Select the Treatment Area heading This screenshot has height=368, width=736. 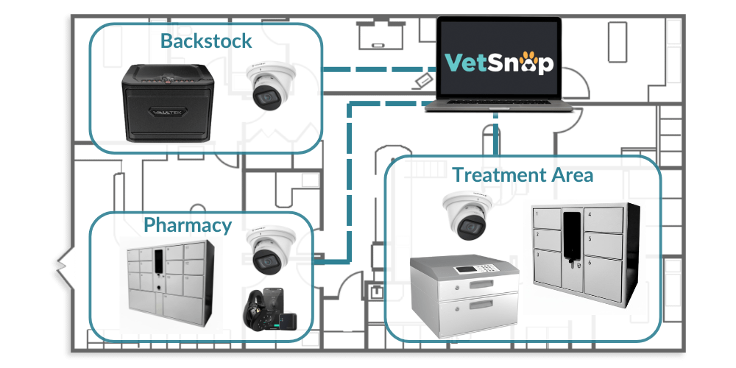[x=523, y=175]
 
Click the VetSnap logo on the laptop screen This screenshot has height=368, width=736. [x=498, y=63]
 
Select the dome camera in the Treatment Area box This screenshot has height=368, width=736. [x=465, y=215]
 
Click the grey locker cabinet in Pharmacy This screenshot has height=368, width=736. [x=171, y=279]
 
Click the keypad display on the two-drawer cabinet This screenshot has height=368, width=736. [x=465, y=269]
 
